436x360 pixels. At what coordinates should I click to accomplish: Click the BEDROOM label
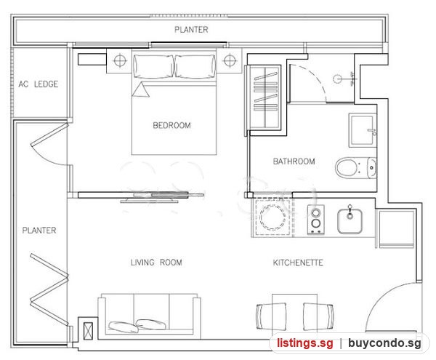tap(171, 125)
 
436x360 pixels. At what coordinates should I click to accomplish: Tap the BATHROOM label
tap(294, 161)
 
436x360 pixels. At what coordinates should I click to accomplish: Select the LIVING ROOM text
tap(156, 263)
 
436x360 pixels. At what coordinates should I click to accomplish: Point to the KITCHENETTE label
tap(298, 263)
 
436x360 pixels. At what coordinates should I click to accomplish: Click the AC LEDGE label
tap(39, 84)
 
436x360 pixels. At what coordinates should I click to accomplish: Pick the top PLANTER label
tap(191, 30)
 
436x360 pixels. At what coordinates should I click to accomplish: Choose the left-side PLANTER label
tap(39, 231)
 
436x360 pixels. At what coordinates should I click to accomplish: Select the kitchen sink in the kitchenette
tap(350, 221)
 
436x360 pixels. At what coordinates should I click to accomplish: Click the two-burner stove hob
tap(316, 219)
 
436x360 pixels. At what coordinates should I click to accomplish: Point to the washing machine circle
tap(272, 217)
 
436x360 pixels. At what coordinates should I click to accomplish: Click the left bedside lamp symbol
tap(120, 60)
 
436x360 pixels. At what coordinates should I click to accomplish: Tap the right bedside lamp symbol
tap(230, 60)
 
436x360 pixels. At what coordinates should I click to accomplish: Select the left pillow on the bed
tap(153, 66)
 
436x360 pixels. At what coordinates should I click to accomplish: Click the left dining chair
tap(271, 316)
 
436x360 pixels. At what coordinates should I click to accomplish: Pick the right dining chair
tap(318, 316)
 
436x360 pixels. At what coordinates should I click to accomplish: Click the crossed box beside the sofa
tap(89, 331)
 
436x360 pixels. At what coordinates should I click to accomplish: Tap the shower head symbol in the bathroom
tap(337, 79)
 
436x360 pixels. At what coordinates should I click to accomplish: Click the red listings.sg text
tap(305, 343)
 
